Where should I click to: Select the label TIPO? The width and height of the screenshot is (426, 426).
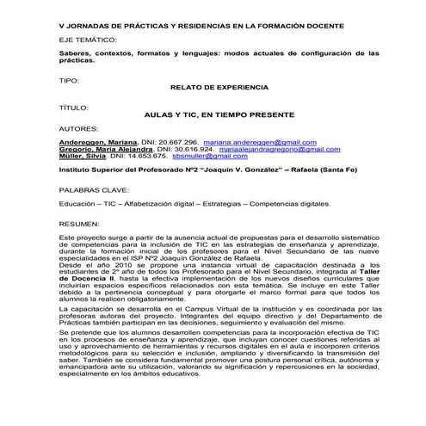(70, 79)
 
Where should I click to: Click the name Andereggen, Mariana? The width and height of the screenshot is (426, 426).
(95, 141)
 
